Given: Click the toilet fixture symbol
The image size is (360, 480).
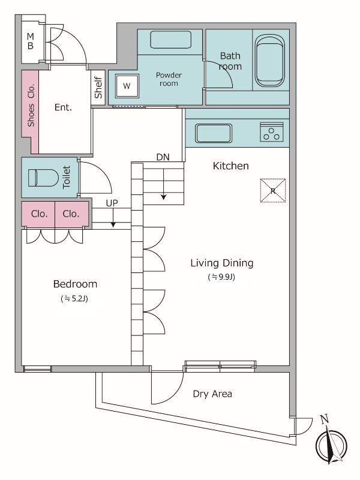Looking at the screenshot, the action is tap(43, 178).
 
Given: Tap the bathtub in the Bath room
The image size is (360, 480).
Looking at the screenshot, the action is tap(270, 61).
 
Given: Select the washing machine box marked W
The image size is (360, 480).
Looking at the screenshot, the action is tap(127, 86).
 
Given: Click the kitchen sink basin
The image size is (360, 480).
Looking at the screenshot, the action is tap(214, 133).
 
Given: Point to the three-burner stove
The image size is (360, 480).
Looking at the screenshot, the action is tap(272, 132).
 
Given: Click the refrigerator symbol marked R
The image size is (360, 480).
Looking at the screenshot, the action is tap(273, 191).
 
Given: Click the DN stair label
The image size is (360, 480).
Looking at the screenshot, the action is tap(163, 157).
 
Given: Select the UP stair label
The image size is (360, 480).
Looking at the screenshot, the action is tap(112, 203).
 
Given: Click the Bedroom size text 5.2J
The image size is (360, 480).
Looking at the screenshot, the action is tap(74, 298).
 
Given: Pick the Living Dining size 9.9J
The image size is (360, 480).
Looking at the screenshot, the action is tap(221, 277).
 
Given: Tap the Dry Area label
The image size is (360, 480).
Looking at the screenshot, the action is tap(212, 394).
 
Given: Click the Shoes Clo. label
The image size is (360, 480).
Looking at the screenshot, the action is tap(31, 105).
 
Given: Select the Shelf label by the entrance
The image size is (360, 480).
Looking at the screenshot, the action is tap(98, 88).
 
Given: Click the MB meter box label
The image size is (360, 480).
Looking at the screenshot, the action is tap(31, 41).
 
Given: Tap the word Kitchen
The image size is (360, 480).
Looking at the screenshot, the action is tap(230, 166).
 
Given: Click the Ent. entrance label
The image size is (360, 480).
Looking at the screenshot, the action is tap(63, 107).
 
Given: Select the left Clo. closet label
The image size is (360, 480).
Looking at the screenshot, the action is tap(39, 214).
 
